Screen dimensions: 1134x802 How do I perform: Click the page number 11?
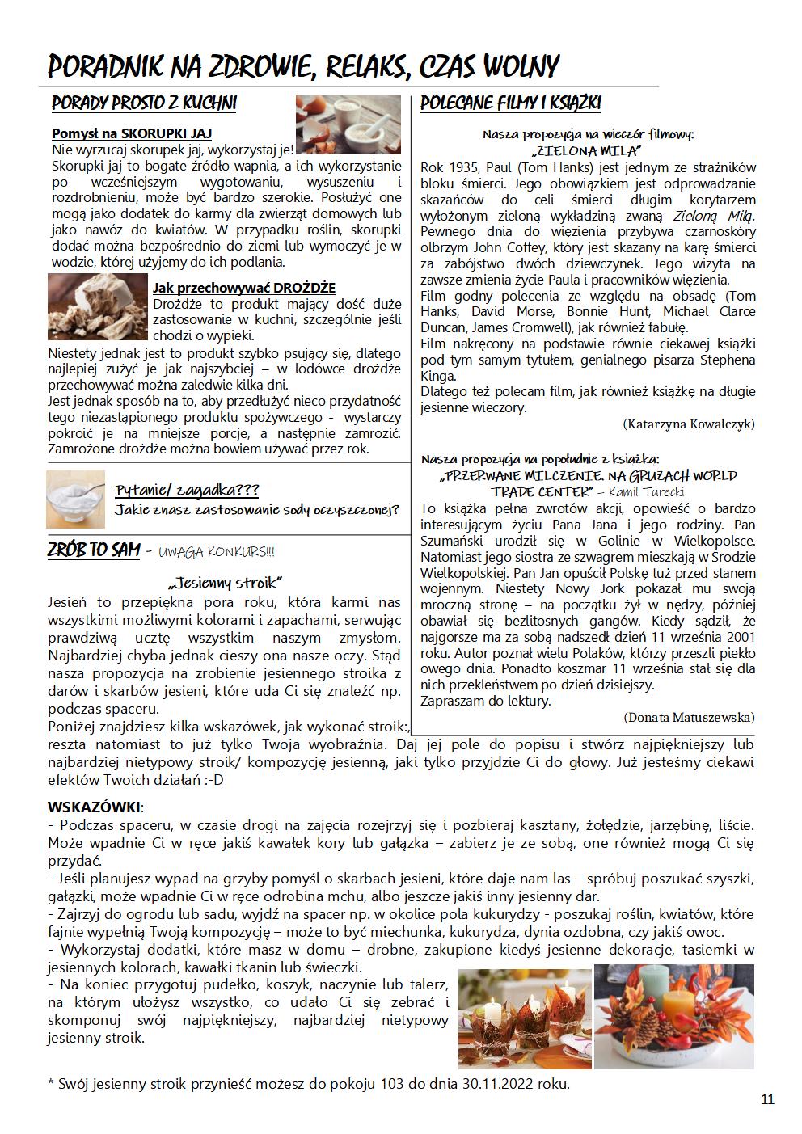coord(767,1099)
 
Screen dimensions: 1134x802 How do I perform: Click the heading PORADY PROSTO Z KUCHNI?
coord(144,104)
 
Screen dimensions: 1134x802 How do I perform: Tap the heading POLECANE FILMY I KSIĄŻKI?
coord(511,104)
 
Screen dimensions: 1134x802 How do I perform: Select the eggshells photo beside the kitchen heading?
coord(348,124)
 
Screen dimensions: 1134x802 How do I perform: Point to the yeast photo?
coord(98,307)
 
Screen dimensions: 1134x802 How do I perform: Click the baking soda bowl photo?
coord(75,500)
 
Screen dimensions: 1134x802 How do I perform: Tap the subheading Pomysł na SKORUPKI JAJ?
coord(131,133)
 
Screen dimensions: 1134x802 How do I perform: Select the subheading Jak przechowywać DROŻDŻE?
coord(243,288)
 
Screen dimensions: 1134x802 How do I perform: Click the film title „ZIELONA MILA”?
coord(587,150)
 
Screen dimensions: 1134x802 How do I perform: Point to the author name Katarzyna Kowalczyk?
coord(689,424)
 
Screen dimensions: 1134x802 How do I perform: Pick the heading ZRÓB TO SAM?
coord(94,550)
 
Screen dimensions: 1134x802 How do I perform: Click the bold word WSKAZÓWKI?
coord(94,807)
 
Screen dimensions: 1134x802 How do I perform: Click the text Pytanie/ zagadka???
coord(186,491)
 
